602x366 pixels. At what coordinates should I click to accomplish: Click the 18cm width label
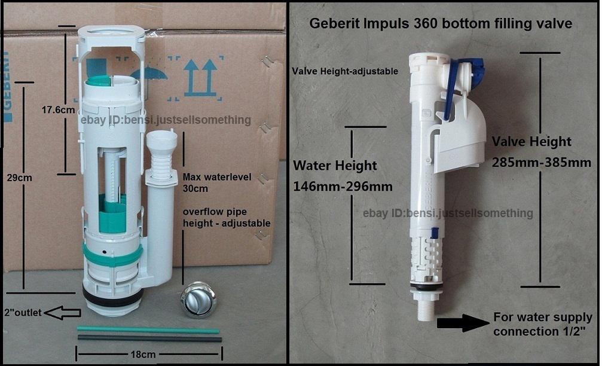point(143,354)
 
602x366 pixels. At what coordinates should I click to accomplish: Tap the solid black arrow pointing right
point(463,324)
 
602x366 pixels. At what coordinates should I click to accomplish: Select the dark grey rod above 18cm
point(149,338)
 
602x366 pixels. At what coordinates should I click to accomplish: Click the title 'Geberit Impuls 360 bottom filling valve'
point(440,25)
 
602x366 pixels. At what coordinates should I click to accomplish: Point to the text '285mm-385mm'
point(533,162)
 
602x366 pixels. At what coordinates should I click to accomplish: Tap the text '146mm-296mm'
point(343,187)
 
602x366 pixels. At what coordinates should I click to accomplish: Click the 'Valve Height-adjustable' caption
point(345,71)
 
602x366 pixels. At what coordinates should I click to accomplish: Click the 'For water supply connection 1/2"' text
point(542,324)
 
